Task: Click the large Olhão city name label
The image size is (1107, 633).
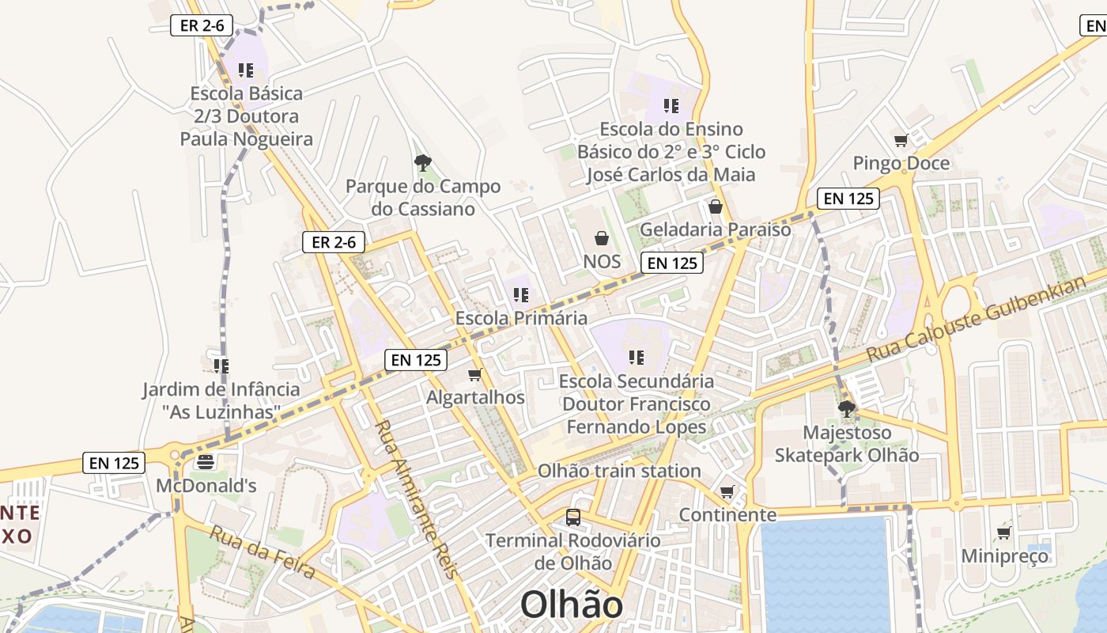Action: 571,605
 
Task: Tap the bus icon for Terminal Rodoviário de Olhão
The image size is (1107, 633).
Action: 573,517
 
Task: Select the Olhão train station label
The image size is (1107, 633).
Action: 619,472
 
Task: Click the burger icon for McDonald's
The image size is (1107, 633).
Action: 206,462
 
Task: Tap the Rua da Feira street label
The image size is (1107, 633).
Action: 263,551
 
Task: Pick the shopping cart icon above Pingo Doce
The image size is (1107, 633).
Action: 901,141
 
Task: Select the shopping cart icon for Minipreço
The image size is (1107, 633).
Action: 1003,533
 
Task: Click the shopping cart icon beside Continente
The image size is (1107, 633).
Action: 727,492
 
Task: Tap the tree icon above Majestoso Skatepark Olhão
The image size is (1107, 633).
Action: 846,409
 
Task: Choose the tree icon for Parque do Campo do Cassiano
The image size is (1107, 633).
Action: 423,163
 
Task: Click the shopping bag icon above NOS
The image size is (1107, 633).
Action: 602,238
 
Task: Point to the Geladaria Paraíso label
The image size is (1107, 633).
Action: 715,229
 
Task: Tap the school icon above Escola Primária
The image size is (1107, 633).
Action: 521,295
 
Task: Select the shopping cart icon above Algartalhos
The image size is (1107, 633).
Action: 474,374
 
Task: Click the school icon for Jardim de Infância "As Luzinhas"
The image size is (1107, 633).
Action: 221,366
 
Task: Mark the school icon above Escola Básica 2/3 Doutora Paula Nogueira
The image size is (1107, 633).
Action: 246,70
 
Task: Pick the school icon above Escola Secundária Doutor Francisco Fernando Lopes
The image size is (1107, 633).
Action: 637,358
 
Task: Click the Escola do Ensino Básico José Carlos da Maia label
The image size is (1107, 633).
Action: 671,152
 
